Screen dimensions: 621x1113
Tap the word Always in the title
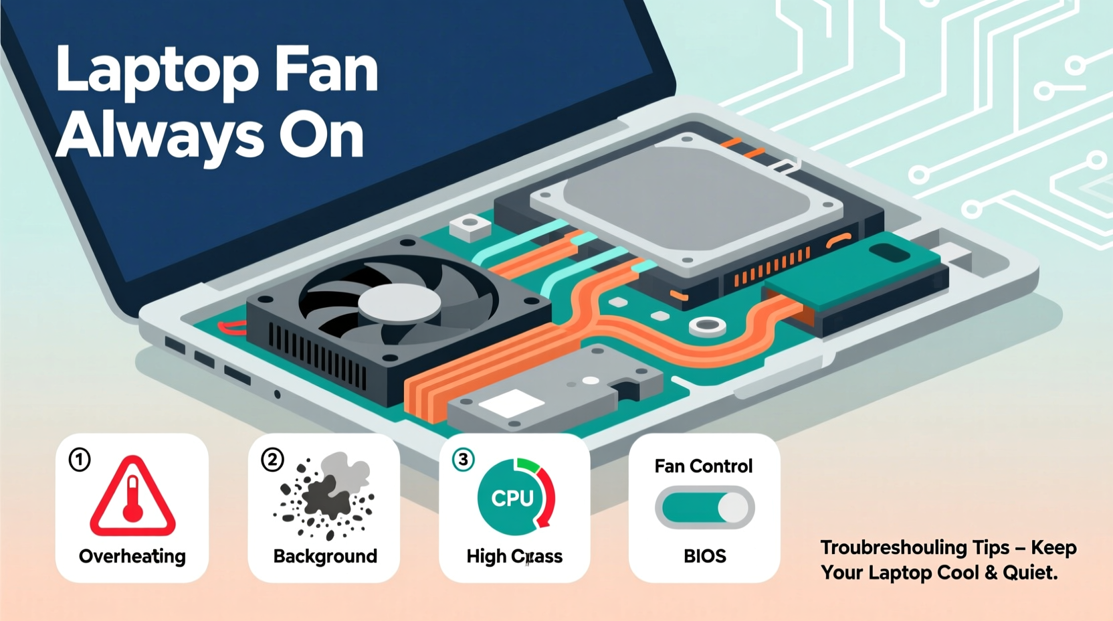(159, 136)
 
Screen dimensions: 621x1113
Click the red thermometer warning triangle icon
(132, 497)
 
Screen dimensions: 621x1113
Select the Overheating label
(132, 556)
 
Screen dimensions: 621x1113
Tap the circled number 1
(80, 460)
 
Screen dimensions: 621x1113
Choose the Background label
(325, 556)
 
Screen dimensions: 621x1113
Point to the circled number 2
(272, 460)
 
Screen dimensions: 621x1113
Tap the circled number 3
(463, 460)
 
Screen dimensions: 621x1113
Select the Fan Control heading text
(703, 466)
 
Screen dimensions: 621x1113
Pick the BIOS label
(704, 556)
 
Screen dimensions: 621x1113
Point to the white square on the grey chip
(511, 403)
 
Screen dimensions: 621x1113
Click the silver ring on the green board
(707, 327)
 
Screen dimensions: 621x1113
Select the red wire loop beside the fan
(231, 328)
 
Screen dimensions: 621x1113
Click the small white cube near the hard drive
(471, 227)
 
